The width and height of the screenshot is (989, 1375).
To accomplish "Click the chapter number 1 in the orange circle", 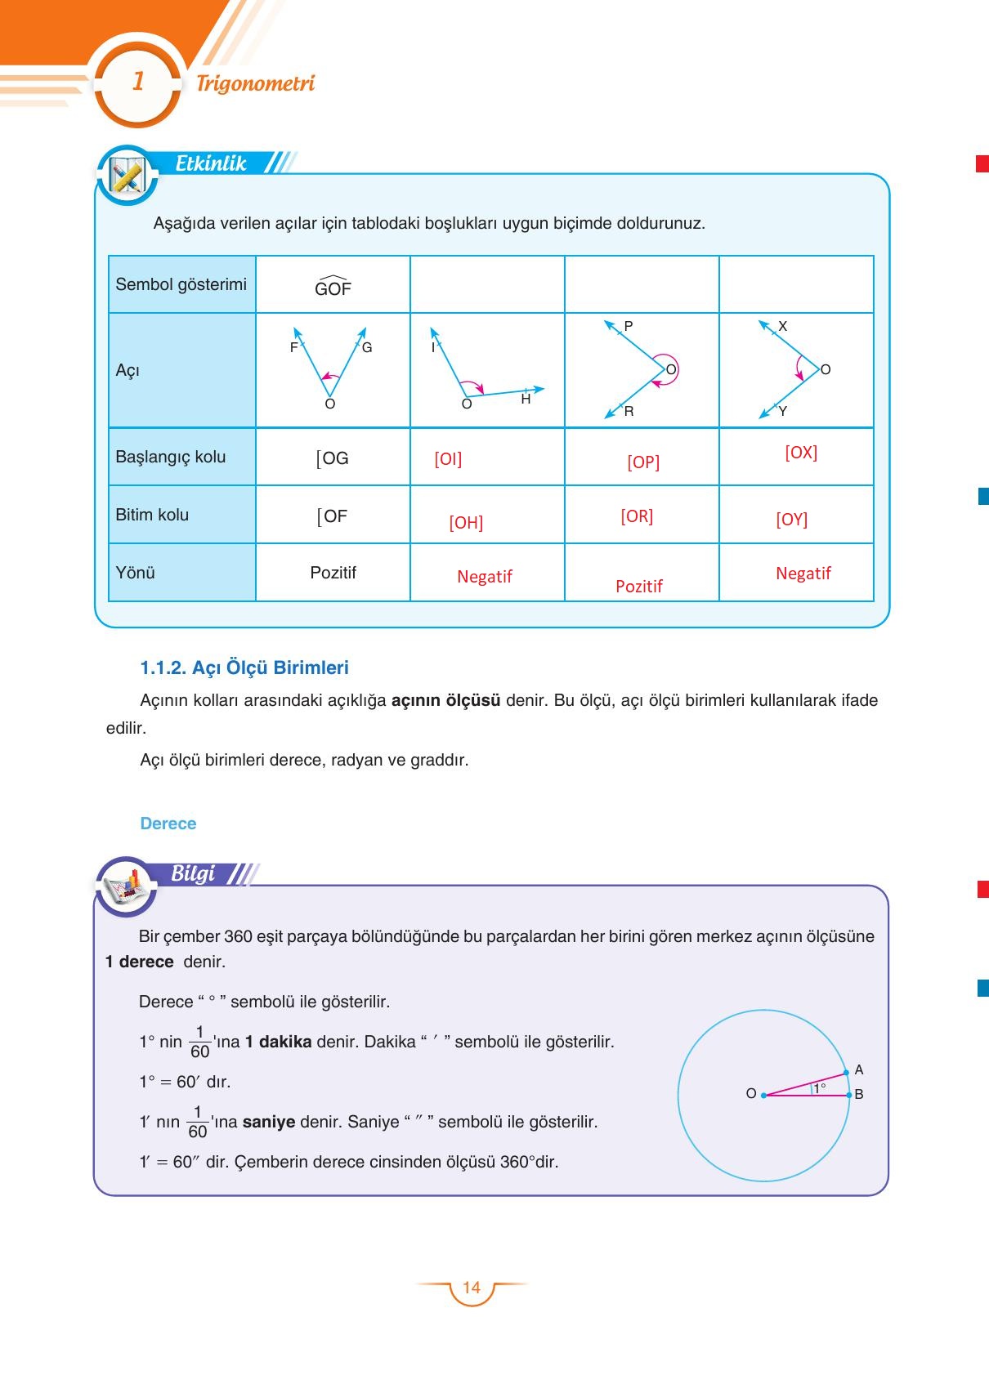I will pyautogui.click(x=138, y=82).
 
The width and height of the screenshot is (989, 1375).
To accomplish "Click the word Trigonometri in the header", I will pyautogui.click(x=255, y=83).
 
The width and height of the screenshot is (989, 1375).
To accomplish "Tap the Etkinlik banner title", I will pyautogui.click(x=211, y=163).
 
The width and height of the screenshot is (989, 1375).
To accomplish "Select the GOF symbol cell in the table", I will pyautogui.click(x=333, y=287).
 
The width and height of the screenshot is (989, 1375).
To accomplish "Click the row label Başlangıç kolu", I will pyautogui.click(x=170, y=457).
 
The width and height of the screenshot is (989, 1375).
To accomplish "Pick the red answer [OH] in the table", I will pyautogui.click(x=466, y=523).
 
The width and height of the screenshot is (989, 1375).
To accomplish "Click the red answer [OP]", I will pyautogui.click(x=643, y=462).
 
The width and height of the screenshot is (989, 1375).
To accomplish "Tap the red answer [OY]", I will pyautogui.click(x=791, y=520).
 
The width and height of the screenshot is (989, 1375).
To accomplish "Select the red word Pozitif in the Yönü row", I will pyautogui.click(x=638, y=586).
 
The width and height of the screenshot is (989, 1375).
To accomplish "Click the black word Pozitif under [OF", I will pyautogui.click(x=333, y=573).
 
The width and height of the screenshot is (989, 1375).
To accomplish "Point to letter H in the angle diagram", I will pyautogui.click(x=526, y=400).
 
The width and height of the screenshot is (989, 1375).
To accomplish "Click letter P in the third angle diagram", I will pyautogui.click(x=628, y=326).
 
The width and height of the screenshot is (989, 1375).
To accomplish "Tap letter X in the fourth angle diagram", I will pyautogui.click(x=782, y=326).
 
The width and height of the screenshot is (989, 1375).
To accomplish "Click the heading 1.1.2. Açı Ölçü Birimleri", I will pyautogui.click(x=244, y=667).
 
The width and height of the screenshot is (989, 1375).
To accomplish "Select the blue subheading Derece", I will pyautogui.click(x=168, y=824).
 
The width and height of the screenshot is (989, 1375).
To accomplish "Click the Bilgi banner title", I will pyautogui.click(x=193, y=873).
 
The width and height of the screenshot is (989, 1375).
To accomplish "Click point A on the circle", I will pyautogui.click(x=847, y=1071).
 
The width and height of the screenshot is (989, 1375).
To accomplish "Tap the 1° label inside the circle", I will pyautogui.click(x=820, y=1087).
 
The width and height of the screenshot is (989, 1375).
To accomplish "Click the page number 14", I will pyautogui.click(x=472, y=1288).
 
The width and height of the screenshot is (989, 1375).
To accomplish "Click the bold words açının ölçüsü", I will pyautogui.click(x=445, y=700).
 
